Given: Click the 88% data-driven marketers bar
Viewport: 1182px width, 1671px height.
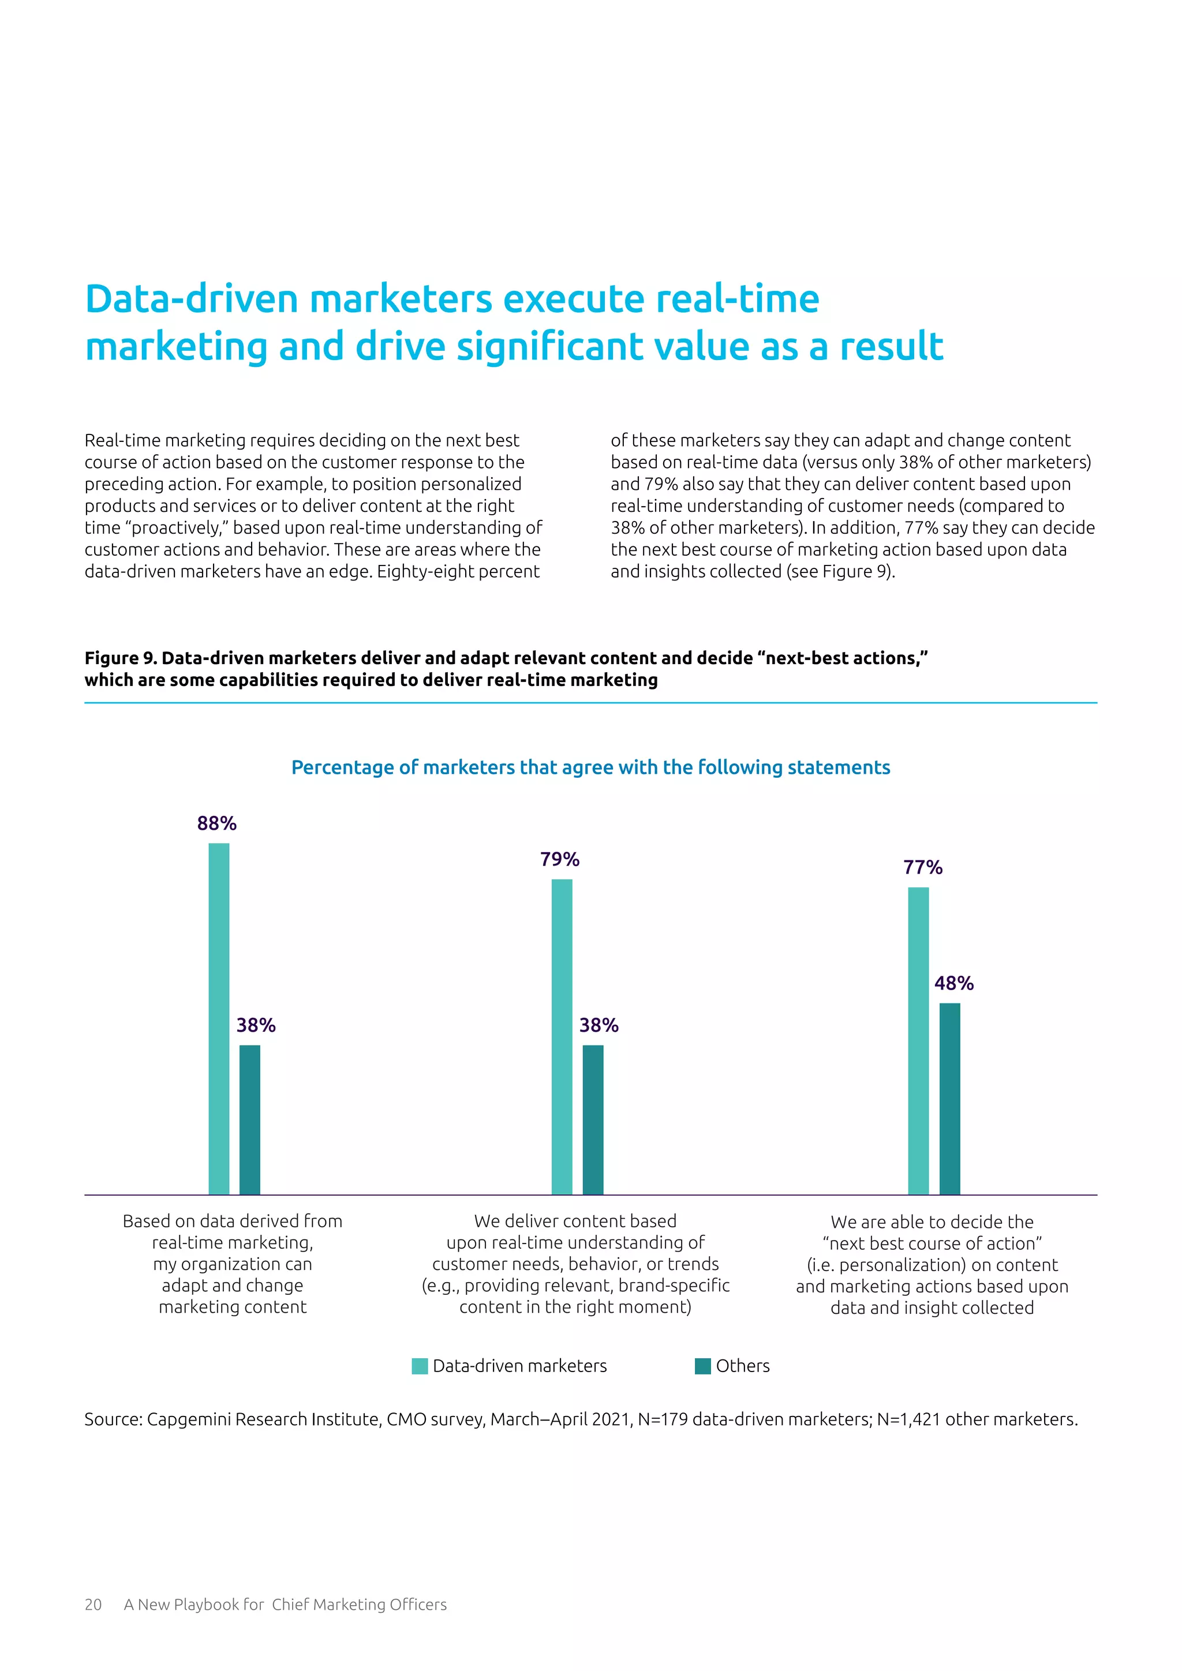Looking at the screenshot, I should (219, 1018).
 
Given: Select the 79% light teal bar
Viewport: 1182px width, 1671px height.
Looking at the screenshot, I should (562, 1036).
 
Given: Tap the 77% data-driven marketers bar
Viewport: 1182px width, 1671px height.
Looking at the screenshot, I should (918, 1041).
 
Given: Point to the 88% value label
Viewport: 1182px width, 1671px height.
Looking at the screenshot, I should (217, 823).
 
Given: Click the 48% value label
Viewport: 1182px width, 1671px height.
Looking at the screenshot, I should (954, 983).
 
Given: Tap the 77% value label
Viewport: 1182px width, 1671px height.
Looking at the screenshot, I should (923, 867).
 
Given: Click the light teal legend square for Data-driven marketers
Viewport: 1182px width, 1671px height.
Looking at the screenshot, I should (420, 1366).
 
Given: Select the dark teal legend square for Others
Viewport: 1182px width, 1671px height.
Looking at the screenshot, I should (703, 1366).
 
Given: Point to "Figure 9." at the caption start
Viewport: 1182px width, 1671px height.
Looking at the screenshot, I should (121, 658).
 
